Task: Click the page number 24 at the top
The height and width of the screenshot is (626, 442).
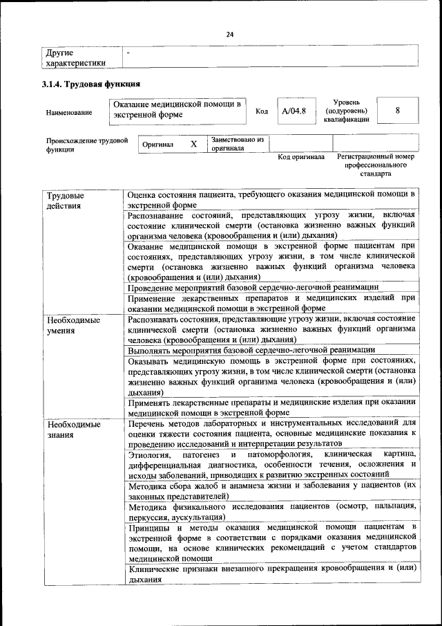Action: tap(230, 35)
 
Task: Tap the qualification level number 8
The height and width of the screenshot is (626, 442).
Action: tap(398, 111)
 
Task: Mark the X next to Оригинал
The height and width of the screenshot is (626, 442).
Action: tap(193, 144)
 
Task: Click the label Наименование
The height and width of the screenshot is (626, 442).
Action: tap(69, 111)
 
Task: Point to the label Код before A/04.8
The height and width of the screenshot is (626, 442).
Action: tap(262, 111)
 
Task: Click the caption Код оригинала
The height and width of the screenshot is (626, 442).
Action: tap(301, 157)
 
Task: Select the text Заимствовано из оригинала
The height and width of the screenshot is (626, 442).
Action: tap(238, 143)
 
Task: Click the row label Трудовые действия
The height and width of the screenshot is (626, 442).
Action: tap(64, 201)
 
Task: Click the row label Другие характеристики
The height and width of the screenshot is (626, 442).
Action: tap(75, 57)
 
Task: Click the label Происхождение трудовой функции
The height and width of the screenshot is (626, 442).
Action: tap(87, 144)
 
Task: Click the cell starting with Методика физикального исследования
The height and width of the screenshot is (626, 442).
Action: tap(272, 511)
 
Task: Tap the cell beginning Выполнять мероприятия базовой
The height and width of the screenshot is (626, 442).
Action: tap(251, 350)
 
